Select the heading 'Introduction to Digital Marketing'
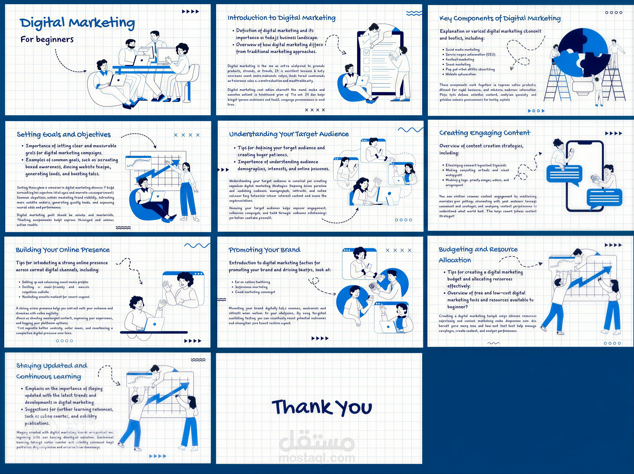(x=281, y=18)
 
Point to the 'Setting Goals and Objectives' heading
(x=64, y=134)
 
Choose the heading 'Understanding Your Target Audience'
(x=289, y=134)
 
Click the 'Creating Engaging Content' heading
(x=485, y=133)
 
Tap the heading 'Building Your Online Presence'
(x=63, y=250)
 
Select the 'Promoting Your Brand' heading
(x=264, y=250)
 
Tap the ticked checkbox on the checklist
(x=366, y=53)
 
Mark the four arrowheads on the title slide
(x=191, y=11)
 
